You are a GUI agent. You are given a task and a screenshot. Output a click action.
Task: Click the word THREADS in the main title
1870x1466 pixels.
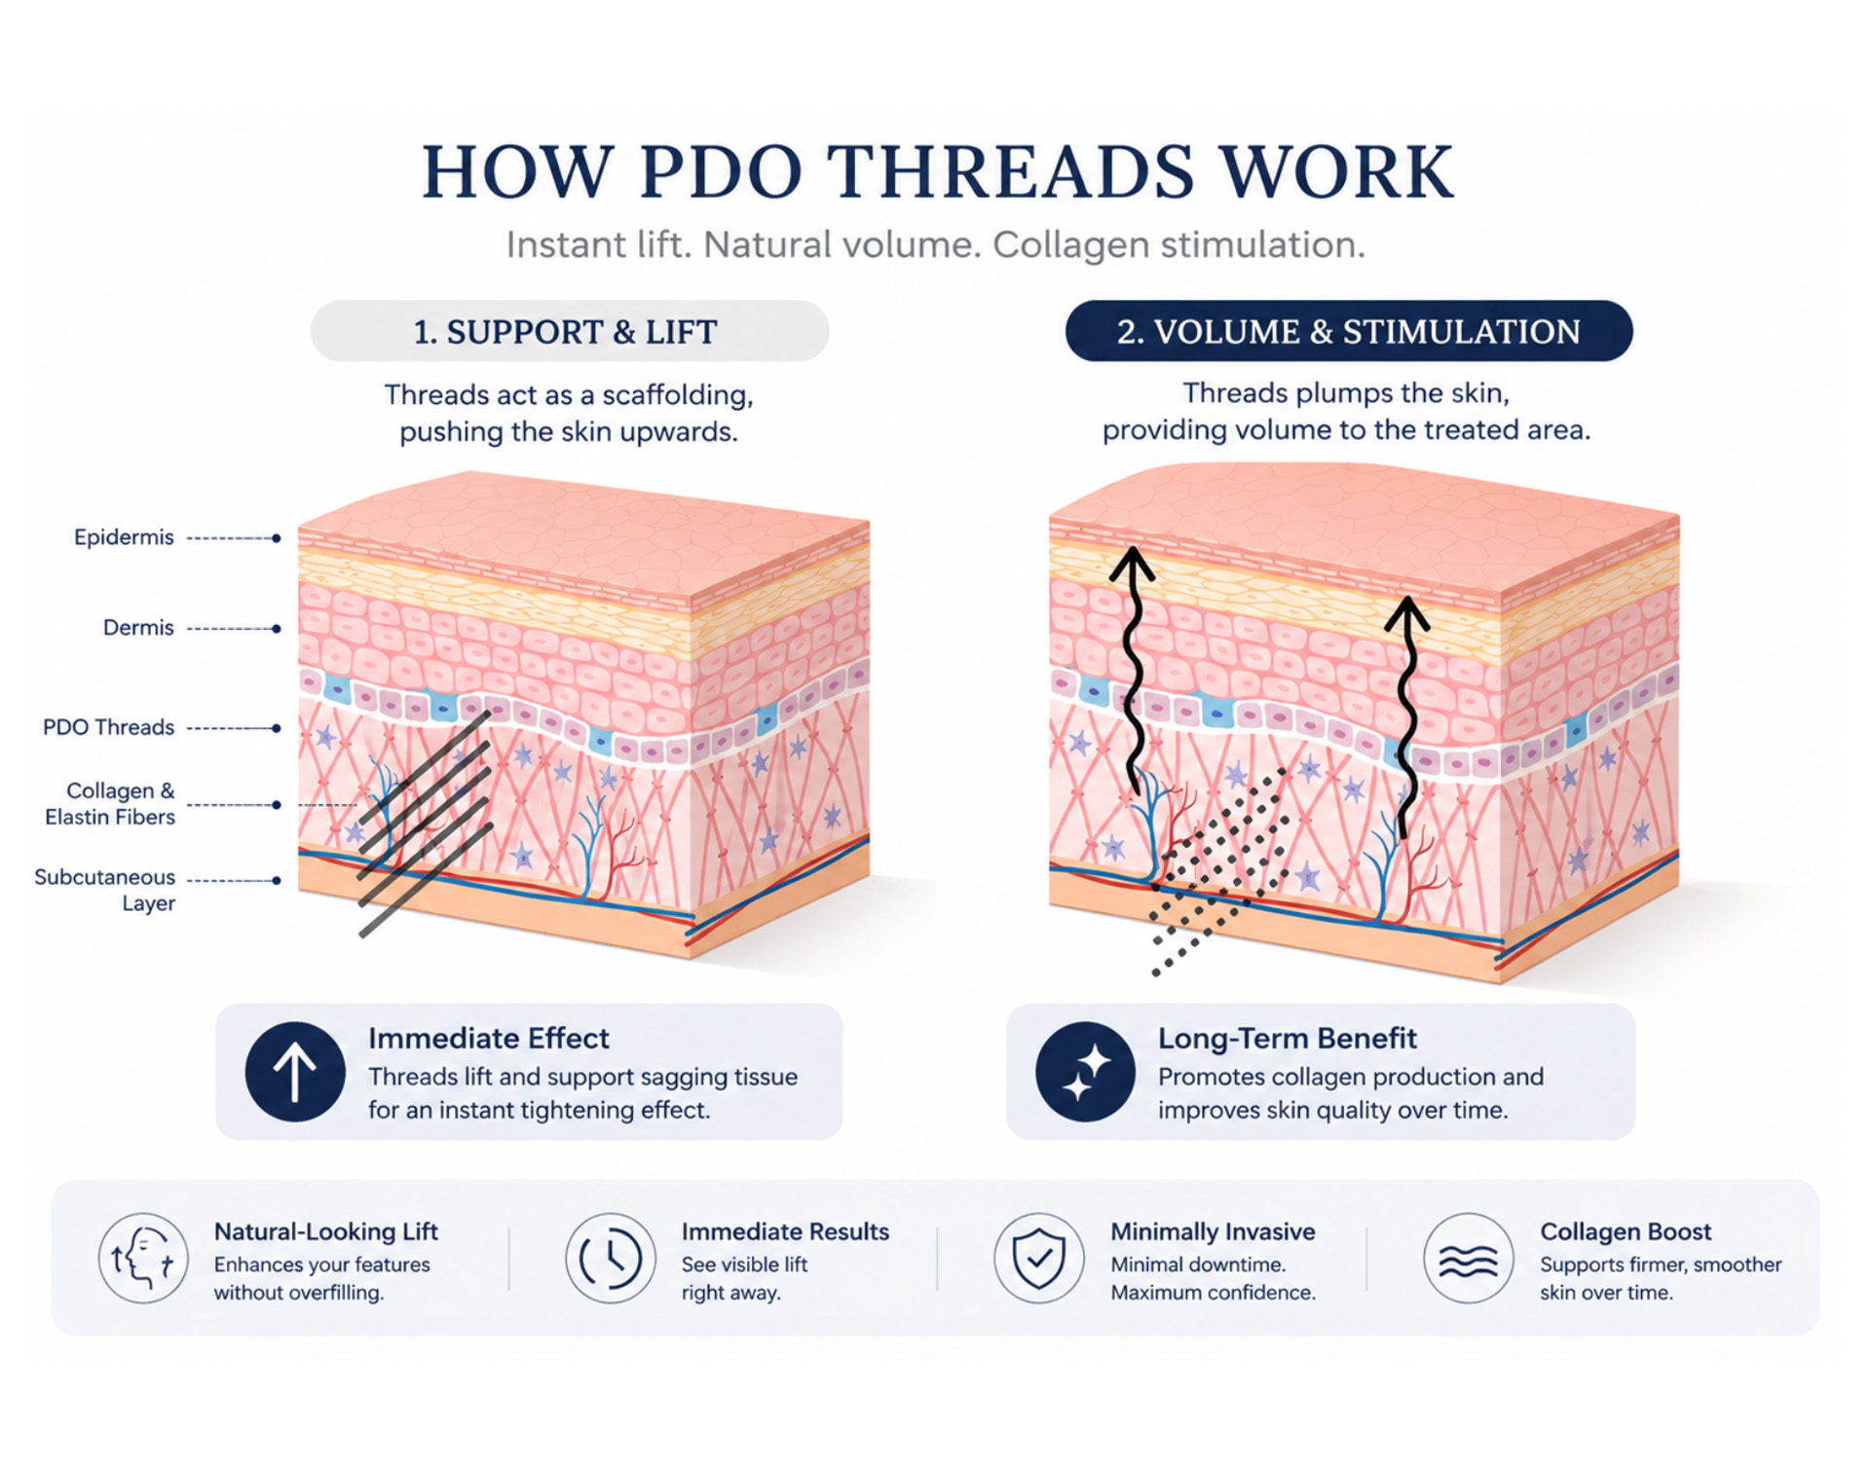pos(1012,171)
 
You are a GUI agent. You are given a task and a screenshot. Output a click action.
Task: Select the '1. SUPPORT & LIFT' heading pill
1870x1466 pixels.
pos(570,331)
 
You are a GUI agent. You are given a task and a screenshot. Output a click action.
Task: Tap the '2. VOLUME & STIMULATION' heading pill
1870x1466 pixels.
pos(1349,331)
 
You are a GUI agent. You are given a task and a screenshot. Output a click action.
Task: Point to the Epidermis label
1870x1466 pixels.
pos(124,537)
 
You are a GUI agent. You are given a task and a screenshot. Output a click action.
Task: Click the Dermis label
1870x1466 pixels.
pos(138,628)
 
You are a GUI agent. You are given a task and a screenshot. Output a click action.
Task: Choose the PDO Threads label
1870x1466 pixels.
pos(108,727)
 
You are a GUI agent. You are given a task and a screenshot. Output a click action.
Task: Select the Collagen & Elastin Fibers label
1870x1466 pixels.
pos(110,804)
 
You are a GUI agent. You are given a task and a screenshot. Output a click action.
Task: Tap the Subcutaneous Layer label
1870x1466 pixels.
pos(105,890)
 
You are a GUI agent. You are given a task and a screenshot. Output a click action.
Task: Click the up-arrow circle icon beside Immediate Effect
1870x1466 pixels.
pos(295,1072)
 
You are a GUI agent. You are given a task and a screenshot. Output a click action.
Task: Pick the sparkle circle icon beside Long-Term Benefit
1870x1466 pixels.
pos(1085,1072)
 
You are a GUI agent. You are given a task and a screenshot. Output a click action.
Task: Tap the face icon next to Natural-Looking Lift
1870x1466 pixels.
pos(143,1258)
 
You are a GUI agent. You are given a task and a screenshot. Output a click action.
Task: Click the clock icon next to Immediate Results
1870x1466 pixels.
pos(611,1258)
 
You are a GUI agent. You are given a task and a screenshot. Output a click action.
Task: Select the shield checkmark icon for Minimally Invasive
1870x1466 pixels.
pos(1039,1258)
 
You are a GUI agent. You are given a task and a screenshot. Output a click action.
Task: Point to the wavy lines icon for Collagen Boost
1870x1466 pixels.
pos(1469,1258)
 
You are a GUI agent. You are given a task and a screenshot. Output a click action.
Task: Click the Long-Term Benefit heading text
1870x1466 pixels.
pos(1288,1039)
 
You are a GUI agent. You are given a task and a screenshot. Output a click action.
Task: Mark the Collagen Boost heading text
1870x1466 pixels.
pos(1626,1231)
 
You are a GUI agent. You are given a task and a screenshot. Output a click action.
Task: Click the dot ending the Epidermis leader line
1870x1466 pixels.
pos(277,538)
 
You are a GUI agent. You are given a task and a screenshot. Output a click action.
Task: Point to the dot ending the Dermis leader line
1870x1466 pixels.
pos(277,629)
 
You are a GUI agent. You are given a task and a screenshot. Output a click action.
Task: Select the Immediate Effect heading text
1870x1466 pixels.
pos(489,1039)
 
